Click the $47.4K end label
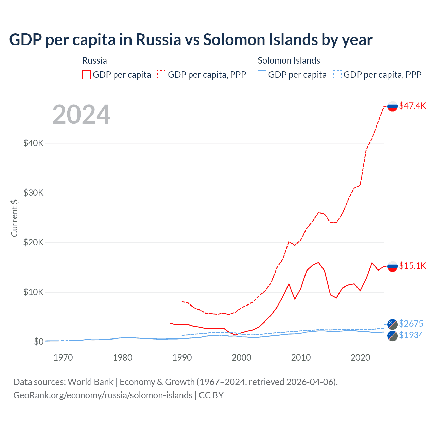(412, 106)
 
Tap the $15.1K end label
(412, 266)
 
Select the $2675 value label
(411, 324)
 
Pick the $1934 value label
(411, 335)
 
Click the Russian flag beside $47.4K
(393, 106)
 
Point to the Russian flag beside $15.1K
(393, 266)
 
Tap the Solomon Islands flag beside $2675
(393, 324)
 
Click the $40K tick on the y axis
(33, 143)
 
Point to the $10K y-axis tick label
(33, 292)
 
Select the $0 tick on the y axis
(38, 342)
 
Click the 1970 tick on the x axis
(63, 358)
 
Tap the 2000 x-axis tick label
(241, 358)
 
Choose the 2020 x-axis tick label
(360, 358)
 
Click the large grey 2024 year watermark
(81, 115)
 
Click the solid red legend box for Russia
(87, 75)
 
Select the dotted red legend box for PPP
(162, 75)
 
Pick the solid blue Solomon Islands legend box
(262, 75)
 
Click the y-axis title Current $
(14, 218)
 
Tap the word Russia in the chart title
(158, 40)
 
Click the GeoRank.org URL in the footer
(103, 395)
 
